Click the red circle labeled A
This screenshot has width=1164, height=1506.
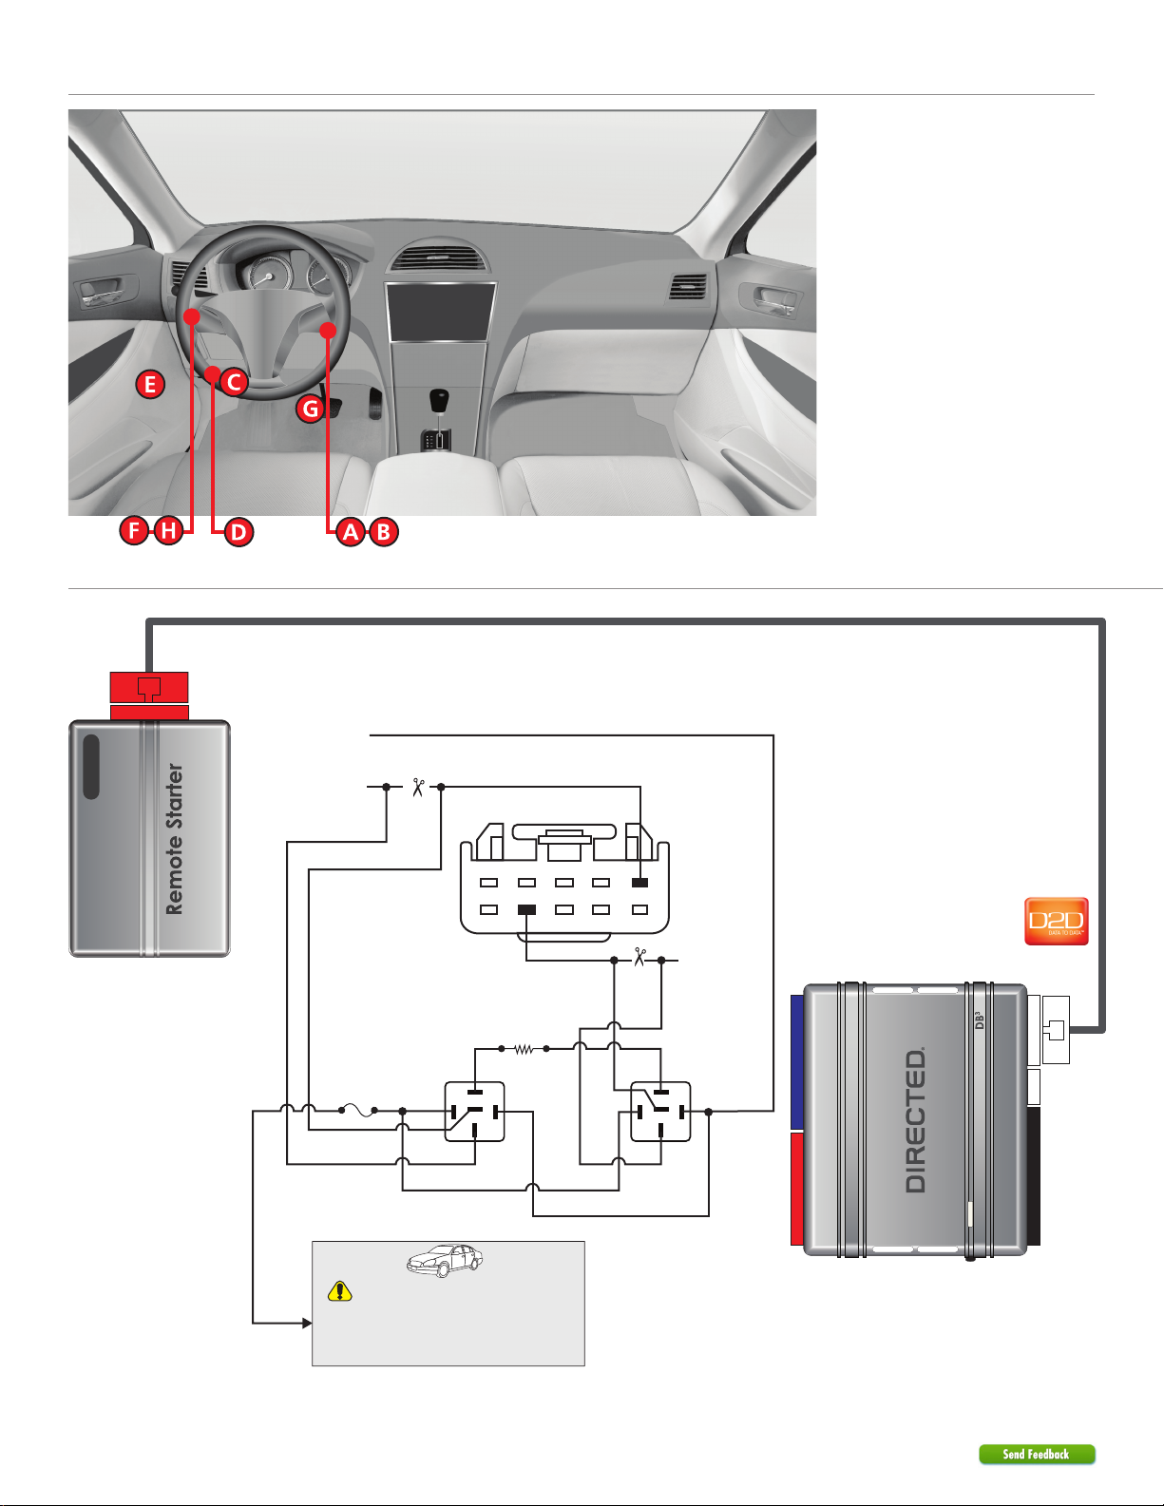point(352,531)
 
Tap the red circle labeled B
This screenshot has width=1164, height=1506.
point(384,531)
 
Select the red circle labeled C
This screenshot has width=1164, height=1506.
point(234,382)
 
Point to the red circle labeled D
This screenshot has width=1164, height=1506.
point(239,531)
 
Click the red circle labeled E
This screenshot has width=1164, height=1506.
point(150,384)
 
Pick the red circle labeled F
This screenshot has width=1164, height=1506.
point(134,531)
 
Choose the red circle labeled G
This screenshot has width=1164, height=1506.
point(311,409)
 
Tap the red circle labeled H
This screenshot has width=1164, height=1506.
point(167,531)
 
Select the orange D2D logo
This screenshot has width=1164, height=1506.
point(1057,921)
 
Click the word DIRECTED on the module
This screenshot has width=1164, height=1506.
point(916,1119)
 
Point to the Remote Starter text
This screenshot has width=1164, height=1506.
point(174,839)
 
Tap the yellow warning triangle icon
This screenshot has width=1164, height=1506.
point(339,1291)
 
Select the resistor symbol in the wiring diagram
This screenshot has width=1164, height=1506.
point(524,1049)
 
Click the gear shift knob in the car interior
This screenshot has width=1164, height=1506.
point(439,400)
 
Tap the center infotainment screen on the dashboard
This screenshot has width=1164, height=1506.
point(440,312)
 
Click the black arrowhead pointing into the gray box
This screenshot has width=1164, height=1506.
point(307,1323)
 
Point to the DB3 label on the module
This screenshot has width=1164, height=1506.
point(980,1020)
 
